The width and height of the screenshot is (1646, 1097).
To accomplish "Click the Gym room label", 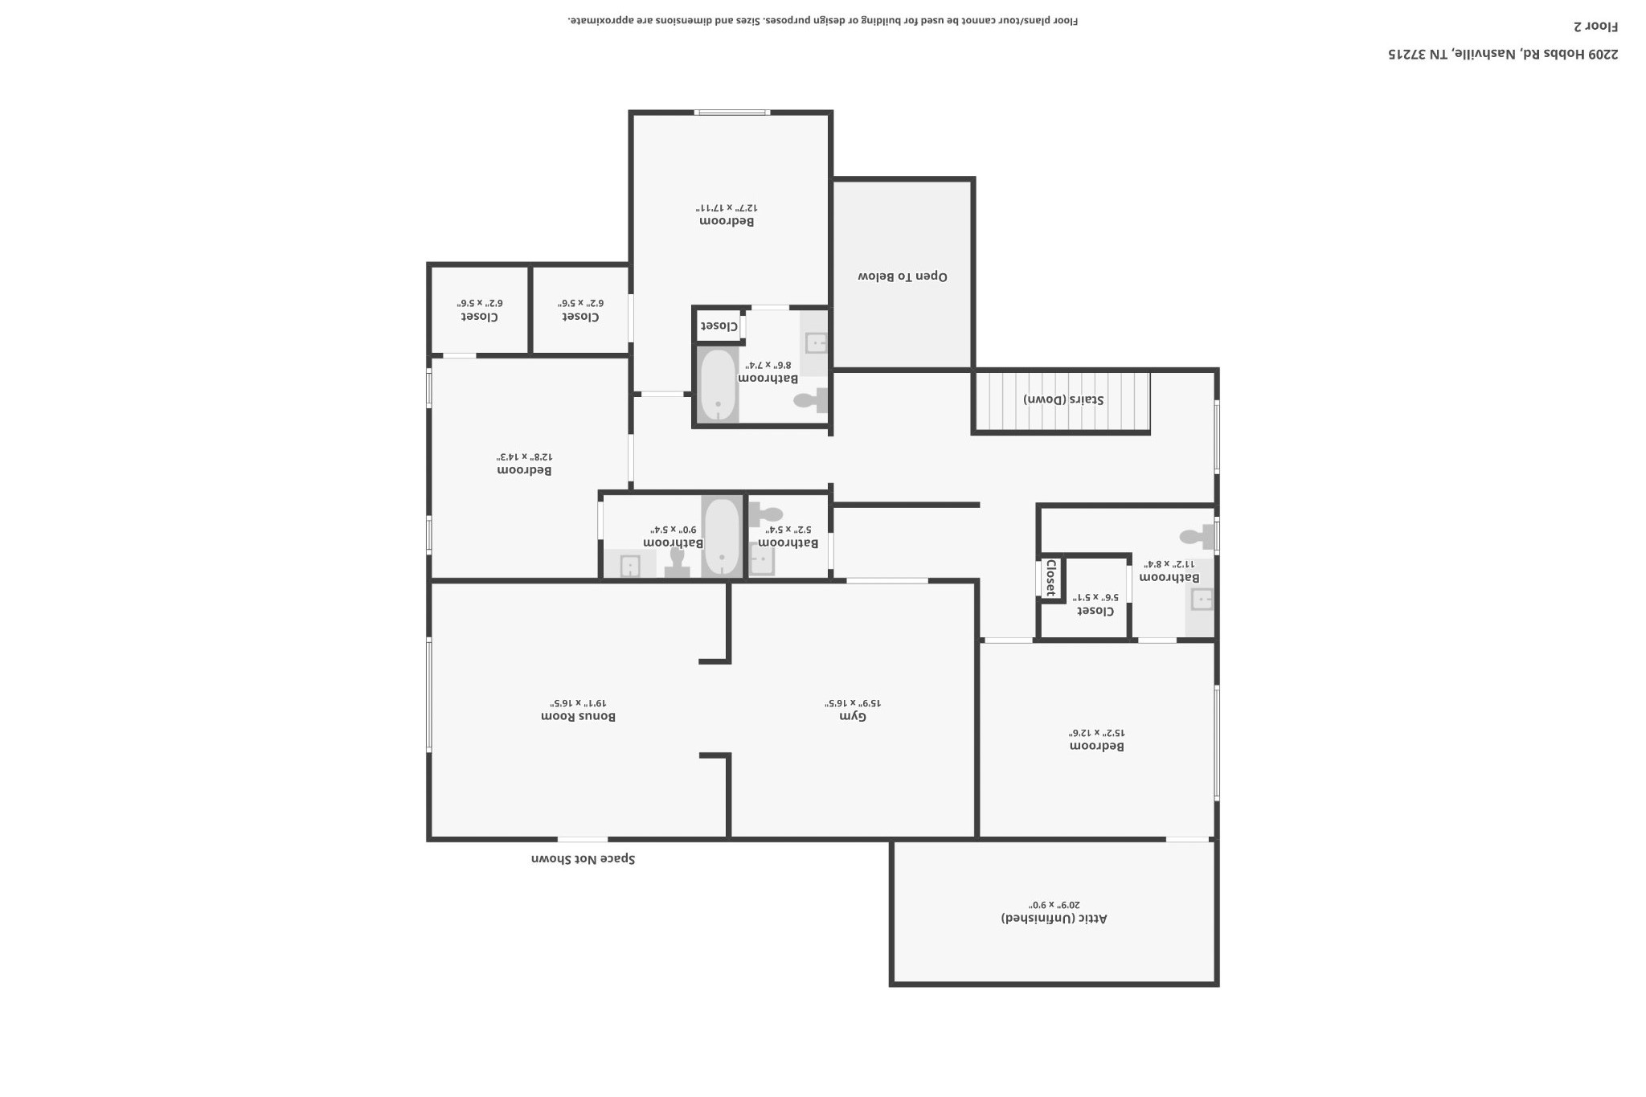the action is point(853,716).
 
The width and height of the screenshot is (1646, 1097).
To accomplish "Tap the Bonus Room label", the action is point(578,716).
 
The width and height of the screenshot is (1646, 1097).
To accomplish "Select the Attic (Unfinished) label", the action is point(1054,918).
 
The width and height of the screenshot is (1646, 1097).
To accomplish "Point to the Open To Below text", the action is point(903,276).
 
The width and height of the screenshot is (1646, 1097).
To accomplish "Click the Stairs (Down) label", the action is point(1063,399).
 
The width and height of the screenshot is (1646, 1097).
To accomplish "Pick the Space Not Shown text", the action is point(583,859).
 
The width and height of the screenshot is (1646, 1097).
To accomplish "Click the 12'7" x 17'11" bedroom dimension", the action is point(727,207).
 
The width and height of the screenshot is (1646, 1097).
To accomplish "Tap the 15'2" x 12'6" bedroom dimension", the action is point(1096,733).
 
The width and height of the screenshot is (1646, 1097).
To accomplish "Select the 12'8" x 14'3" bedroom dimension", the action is point(524,456).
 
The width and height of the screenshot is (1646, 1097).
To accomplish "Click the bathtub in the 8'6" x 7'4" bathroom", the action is point(718,385).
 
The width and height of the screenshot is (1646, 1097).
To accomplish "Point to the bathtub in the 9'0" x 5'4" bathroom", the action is point(722,537).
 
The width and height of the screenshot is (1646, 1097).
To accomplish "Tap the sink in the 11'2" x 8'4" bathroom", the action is point(1202,599).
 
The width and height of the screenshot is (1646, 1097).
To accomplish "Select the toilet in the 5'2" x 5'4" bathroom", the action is point(766,514).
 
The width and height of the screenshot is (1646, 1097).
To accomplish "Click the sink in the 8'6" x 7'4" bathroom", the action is point(816,343).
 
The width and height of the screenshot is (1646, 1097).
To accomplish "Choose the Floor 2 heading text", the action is point(1595,26).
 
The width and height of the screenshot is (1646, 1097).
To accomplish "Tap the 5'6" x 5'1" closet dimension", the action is point(1095,597).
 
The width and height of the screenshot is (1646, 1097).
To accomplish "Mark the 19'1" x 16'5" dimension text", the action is point(578,702).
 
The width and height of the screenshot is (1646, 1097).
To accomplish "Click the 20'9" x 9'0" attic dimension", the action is point(1054,904).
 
